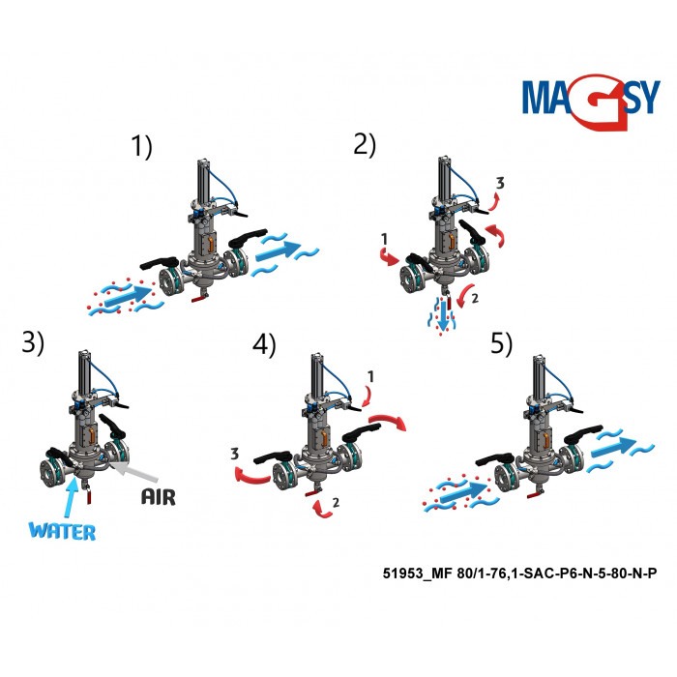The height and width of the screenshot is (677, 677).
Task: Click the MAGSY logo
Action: click(x=591, y=102)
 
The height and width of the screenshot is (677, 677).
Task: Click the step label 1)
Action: click(x=141, y=146)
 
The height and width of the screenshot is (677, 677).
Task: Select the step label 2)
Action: click(x=365, y=145)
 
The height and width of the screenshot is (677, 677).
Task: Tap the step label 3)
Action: click(x=33, y=343)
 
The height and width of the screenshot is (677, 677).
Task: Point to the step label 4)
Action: click(x=264, y=345)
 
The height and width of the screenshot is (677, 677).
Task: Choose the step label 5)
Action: click(x=501, y=343)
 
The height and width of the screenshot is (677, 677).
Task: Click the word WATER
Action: click(x=62, y=531)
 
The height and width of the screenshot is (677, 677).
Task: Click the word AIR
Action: click(x=159, y=497)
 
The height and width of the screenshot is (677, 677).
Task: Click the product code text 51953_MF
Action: click(x=418, y=574)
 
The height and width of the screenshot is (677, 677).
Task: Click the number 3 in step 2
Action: click(x=500, y=183)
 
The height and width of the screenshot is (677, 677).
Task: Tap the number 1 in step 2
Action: click(x=384, y=238)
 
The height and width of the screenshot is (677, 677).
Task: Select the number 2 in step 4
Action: click(x=336, y=502)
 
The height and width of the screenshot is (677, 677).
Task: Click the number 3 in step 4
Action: click(x=234, y=454)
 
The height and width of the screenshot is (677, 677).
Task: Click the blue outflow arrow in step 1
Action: click(x=278, y=250)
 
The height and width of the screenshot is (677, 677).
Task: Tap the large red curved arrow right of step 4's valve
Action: click(x=387, y=421)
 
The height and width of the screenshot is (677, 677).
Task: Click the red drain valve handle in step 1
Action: click(x=199, y=298)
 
